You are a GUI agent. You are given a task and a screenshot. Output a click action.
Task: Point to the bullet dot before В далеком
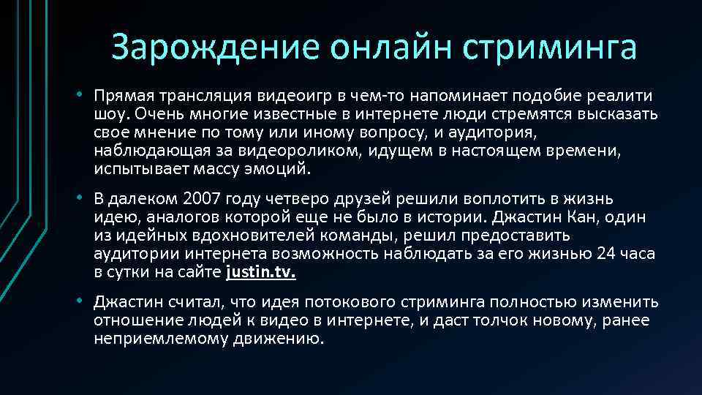coord(85,199)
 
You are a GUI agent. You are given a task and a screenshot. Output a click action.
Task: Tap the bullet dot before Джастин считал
coord(85,301)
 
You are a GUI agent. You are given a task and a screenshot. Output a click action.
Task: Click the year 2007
coord(200,199)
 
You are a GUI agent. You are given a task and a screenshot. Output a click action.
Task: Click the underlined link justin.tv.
coord(261,273)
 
